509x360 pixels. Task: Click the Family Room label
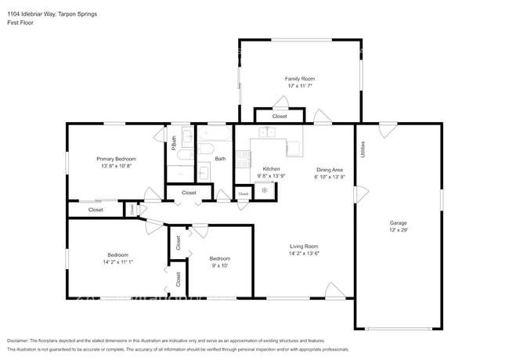pos(299,79)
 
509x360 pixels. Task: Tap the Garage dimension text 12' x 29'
pos(399,230)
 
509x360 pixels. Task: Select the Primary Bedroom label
pos(116,159)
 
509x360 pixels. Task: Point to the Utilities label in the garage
pos(363,149)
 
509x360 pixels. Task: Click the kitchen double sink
pos(268,132)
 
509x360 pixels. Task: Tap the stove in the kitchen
pos(265,190)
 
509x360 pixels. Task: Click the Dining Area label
pos(329,170)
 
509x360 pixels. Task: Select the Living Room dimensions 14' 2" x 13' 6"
pos(305,253)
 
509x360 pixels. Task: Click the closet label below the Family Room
pos(280,117)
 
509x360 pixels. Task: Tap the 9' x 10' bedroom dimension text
pos(219,266)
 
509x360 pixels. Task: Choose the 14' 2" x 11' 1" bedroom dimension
pos(118,262)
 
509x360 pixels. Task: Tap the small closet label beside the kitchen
pos(243,193)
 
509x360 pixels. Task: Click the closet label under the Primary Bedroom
pos(96,210)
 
